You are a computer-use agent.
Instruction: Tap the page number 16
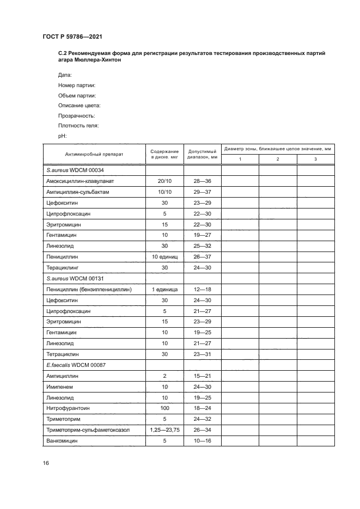click(46, 463)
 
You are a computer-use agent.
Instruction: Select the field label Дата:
click(65, 75)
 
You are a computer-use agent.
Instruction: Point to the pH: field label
click(62, 136)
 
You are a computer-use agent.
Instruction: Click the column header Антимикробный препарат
click(94, 154)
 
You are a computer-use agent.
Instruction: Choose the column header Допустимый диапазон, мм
click(202, 154)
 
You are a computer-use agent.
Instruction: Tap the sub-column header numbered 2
click(277, 159)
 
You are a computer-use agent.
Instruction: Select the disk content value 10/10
click(164, 192)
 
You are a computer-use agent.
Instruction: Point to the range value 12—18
click(202, 290)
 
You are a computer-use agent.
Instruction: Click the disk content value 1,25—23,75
click(164, 430)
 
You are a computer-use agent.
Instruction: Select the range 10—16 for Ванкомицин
click(202, 441)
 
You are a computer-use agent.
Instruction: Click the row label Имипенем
click(60, 387)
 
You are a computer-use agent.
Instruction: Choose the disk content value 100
click(164, 408)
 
